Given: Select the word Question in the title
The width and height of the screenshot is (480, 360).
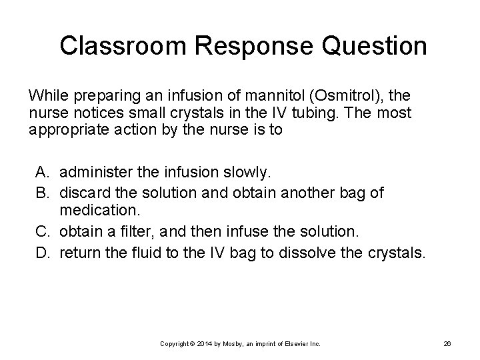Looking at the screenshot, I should (x=377, y=46).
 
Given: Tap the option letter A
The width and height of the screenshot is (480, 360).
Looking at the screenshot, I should (x=43, y=173).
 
